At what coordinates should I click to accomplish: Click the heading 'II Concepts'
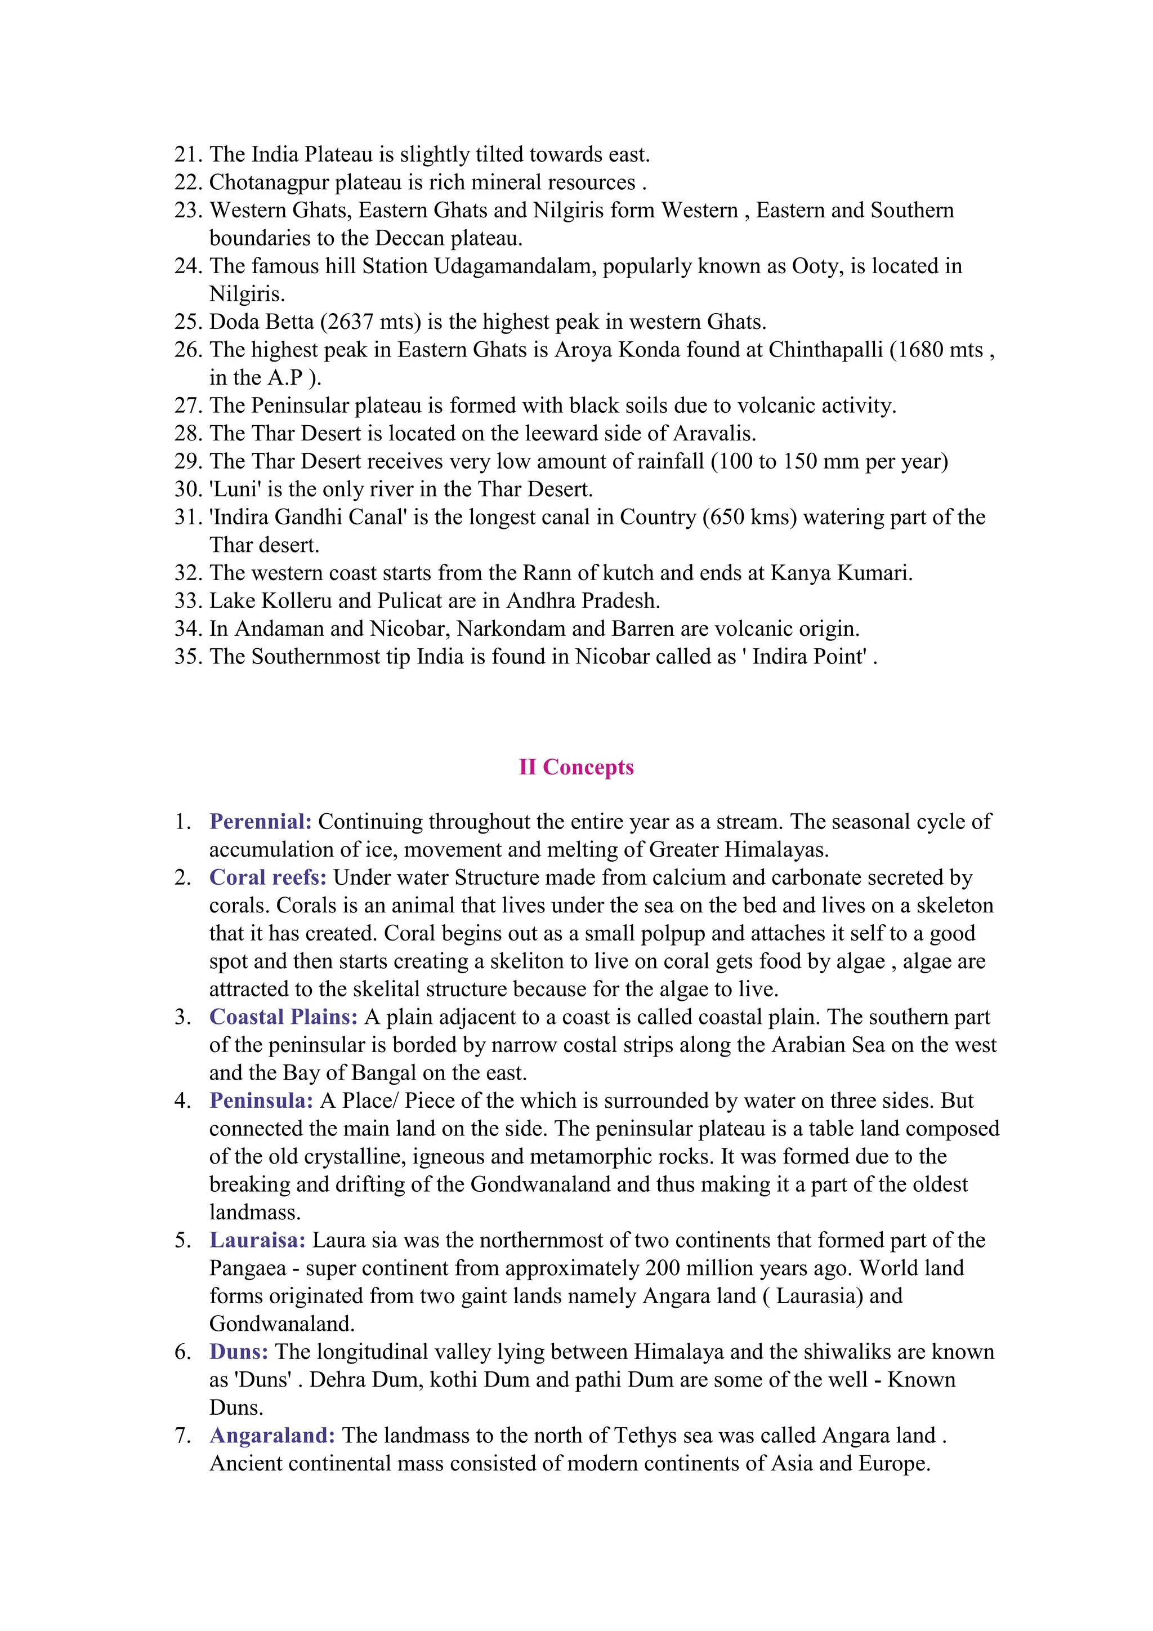click(x=576, y=767)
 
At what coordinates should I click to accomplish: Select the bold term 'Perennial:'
click(x=261, y=822)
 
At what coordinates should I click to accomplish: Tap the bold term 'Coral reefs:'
click(x=267, y=878)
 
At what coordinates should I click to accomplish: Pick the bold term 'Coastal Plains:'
click(x=283, y=1017)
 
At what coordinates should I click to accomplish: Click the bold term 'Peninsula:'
click(x=261, y=1101)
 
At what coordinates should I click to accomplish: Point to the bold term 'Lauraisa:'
click(x=258, y=1240)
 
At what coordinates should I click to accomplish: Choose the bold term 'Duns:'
click(x=239, y=1352)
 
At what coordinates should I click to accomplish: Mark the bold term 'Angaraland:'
click(x=272, y=1436)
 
